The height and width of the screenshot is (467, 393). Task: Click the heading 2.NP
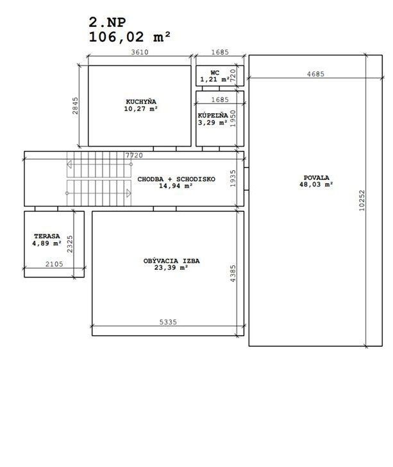107,22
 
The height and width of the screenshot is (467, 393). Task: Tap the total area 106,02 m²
130,37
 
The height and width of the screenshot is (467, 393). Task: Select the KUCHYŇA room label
141,101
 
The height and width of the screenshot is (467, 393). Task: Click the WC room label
215,73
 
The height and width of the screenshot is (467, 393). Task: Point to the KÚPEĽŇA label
213,115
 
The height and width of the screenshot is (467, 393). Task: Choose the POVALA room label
316,178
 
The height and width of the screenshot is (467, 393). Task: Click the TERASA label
47,236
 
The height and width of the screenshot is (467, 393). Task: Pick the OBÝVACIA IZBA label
172,261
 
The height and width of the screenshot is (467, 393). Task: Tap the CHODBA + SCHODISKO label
176,179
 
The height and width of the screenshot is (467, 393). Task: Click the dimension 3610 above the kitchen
140,52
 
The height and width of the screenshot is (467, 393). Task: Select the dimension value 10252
362,200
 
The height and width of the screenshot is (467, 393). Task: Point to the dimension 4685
315,74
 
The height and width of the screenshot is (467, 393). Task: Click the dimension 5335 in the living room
168,322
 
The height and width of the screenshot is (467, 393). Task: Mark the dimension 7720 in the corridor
134,155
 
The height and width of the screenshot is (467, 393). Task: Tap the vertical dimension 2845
76,106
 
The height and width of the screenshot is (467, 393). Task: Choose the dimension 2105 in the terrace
54,264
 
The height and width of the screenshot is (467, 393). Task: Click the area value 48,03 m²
316,184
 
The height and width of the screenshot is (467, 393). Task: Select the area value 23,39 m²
171,268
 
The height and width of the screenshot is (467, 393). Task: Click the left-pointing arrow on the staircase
69,164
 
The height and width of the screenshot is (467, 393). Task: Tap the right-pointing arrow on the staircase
129,193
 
